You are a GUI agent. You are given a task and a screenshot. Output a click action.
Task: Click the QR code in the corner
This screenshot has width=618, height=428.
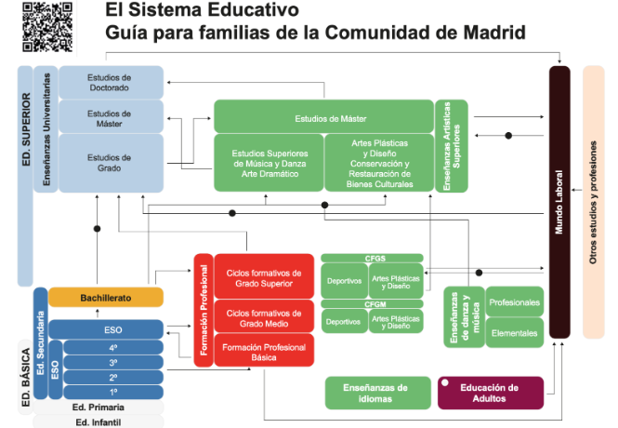click(x=47, y=26)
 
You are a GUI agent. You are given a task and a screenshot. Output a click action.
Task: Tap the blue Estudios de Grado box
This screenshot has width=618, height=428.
click(x=111, y=163)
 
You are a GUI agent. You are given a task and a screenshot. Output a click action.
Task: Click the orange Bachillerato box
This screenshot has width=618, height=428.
click(x=106, y=297)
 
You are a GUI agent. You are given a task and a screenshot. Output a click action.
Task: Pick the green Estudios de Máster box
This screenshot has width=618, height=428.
click(x=323, y=118)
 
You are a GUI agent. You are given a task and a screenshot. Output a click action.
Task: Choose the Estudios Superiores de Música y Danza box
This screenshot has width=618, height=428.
click(x=269, y=163)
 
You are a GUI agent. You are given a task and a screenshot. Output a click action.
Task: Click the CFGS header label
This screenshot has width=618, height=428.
click(x=372, y=258)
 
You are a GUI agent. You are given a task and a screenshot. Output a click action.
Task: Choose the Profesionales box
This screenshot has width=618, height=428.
click(x=514, y=303)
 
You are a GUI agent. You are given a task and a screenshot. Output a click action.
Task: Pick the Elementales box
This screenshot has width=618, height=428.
click(x=514, y=332)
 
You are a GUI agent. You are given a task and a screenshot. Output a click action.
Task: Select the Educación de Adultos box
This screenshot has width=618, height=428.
click(x=491, y=393)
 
